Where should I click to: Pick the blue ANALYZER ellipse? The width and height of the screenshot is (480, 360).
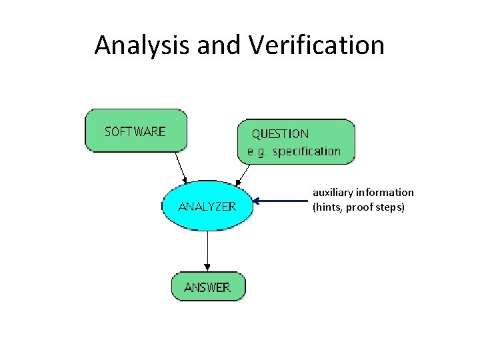(x=207, y=205)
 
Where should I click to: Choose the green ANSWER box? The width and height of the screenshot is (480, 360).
(x=207, y=287)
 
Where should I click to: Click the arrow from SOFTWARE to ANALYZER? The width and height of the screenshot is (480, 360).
(x=181, y=167)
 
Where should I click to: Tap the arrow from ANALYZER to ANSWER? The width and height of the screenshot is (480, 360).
(x=207, y=251)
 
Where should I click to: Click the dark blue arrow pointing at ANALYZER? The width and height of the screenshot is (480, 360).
(x=280, y=200)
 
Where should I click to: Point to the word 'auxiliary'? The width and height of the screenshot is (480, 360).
(x=333, y=193)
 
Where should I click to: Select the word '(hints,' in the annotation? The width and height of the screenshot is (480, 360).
(x=327, y=207)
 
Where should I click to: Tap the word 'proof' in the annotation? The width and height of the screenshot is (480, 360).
(x=360, y=207)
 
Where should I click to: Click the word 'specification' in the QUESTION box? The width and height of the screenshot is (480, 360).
(x=307, y=151)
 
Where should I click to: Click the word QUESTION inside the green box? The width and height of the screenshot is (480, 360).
(x=280, y=134)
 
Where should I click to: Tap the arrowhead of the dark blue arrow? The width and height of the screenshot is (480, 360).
(x=258, y=200)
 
